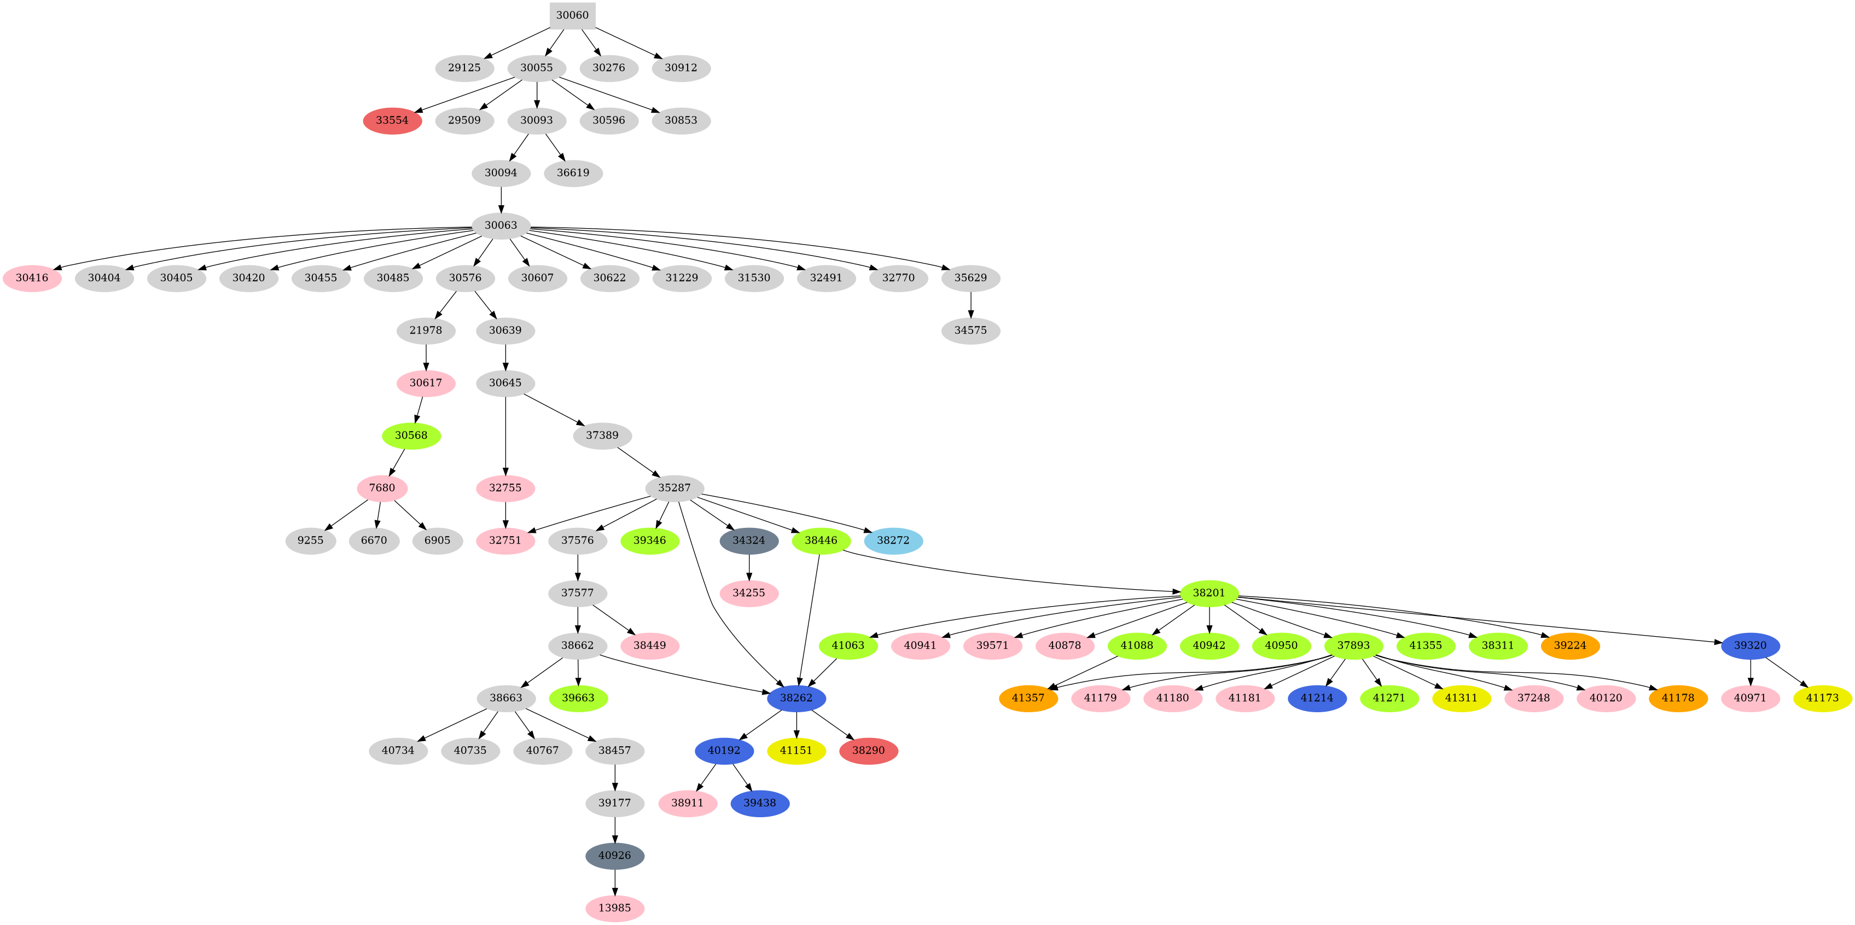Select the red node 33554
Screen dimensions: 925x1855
(x=392, y=120)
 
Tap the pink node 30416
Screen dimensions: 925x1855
(x=32, y=278)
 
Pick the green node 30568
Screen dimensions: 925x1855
(x=411, y=435)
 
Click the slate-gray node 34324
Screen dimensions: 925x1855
(x=749, y=540)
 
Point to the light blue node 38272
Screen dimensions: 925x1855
(x=893, y=540)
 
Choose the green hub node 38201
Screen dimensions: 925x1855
(x=1209, y=593)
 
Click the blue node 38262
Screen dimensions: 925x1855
(x=796, y=698)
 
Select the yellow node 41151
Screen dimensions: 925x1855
(x=796, y=751)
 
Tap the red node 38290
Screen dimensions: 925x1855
(x=869, y=751)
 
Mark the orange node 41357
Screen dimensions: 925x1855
(x=1028, y=698)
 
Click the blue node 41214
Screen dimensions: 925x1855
(x=1317, y=698)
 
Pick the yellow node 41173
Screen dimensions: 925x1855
(x=1823, y=698)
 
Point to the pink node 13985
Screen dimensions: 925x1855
(x=615, y=909)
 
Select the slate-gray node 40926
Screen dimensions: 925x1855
(x=615, y=856)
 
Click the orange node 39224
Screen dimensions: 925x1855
(x=1571, y=645)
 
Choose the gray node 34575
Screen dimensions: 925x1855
(x=970, y=330)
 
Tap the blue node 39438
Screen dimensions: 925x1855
(x=760, y=804)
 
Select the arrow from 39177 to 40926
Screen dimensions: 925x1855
(x=615, y=829)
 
